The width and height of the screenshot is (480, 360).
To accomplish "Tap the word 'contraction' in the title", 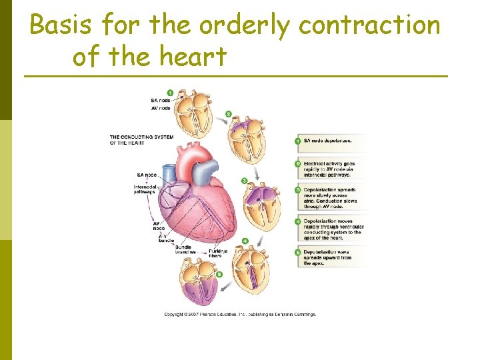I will (x=369, y=26).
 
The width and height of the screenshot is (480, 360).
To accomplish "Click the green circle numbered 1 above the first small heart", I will (x=170, y=92).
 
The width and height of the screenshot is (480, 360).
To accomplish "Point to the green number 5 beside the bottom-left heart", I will (x=219, y=273).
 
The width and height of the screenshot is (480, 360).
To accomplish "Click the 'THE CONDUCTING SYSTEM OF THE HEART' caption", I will (x=141, y=139).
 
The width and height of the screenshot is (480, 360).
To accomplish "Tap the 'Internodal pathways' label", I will (x=145, y=189).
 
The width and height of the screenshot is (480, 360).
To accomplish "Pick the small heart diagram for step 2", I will (x=246, y=140).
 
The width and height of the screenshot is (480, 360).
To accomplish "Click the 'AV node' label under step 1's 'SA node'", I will (x=160, y=108).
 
